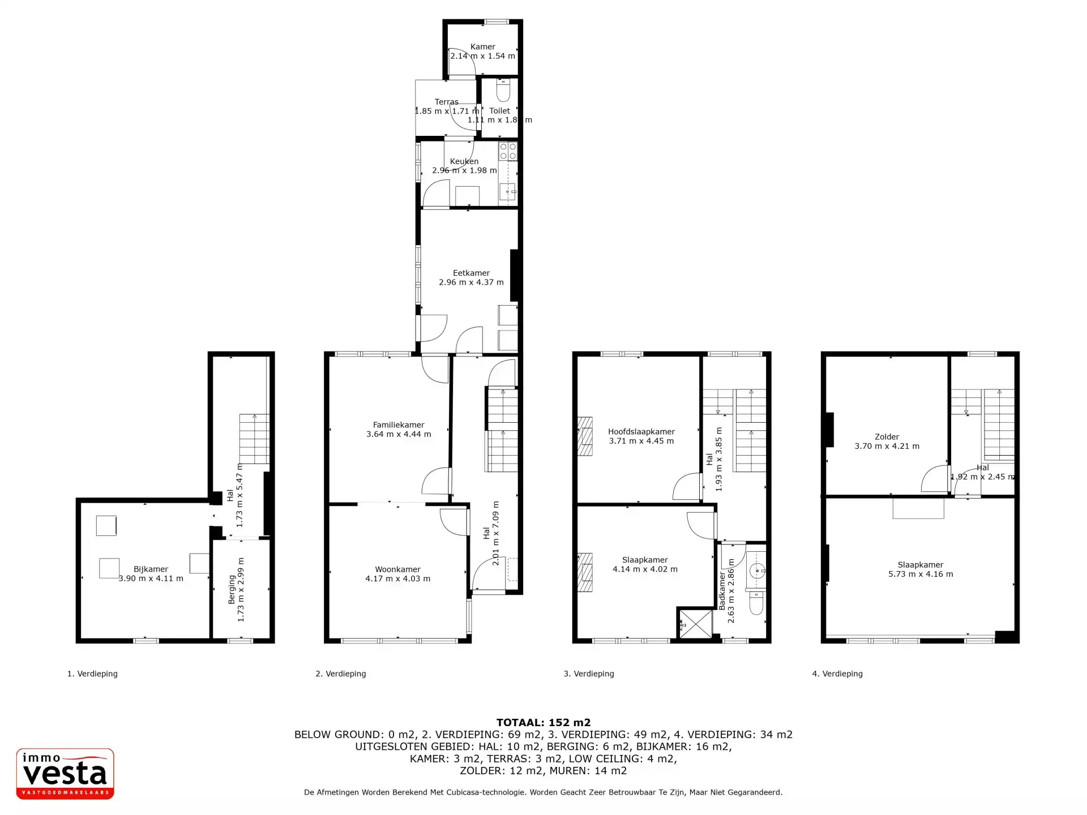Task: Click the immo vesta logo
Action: point(65,774)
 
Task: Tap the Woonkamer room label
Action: point(397,569)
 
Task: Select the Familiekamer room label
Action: point(399,424)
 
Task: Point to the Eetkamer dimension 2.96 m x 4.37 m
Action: point(471,282)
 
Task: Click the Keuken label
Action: point(464,161)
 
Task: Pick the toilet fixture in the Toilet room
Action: point(503,90)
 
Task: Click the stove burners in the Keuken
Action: point(508,151)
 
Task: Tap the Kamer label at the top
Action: point(483,46)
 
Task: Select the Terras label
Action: point(447,102)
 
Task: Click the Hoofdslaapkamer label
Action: point(641,432)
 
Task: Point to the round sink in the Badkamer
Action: point(756,570)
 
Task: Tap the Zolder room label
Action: point(887,437)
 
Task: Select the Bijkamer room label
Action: point(151,569)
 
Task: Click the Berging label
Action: point(232,590)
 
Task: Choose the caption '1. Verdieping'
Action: point(92,674)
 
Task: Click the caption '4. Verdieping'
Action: point(837,674)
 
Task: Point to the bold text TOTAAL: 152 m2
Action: point(543,722)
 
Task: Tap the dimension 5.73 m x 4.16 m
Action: point(921,574)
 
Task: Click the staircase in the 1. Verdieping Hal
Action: point(254,439)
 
